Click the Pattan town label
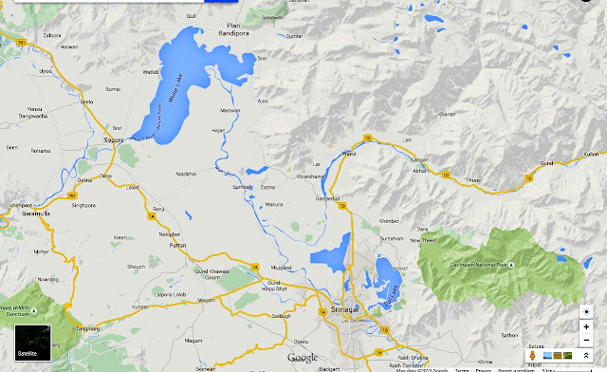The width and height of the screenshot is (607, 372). pos(170,245)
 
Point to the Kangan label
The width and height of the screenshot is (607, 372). pos(420,158)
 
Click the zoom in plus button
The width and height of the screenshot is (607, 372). pos(587,327)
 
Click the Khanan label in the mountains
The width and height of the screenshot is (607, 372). pos(448,115)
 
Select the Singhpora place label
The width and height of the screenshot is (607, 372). pos(84,204)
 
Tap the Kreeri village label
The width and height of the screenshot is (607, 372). pos(120,237)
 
